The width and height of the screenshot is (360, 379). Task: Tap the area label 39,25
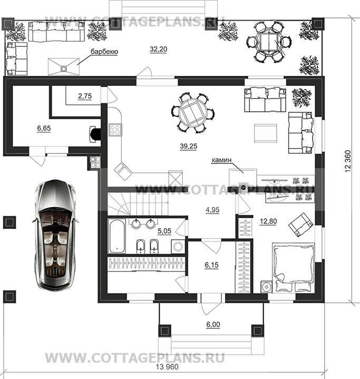188,146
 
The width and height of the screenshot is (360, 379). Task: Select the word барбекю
104,52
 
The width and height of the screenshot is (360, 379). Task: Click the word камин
222,160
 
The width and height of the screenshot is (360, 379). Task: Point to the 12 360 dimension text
348,161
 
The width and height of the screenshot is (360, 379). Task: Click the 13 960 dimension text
167,367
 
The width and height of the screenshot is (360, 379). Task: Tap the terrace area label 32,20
158,50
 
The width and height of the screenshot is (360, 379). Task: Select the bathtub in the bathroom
116,236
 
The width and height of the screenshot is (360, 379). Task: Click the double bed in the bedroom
294,267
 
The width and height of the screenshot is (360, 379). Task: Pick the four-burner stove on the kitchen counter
115,130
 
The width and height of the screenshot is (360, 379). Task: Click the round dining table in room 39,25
192,113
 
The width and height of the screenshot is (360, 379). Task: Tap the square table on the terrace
269,42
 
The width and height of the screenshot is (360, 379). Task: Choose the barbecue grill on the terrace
64,66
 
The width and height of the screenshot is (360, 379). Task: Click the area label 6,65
44,128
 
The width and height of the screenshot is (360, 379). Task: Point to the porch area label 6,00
213,325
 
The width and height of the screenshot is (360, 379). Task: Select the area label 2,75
85,96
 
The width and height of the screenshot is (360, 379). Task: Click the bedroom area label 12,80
268,221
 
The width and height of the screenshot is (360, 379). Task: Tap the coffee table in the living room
265,133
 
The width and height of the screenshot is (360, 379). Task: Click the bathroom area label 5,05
164,231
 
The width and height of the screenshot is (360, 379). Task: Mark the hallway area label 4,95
212,210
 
